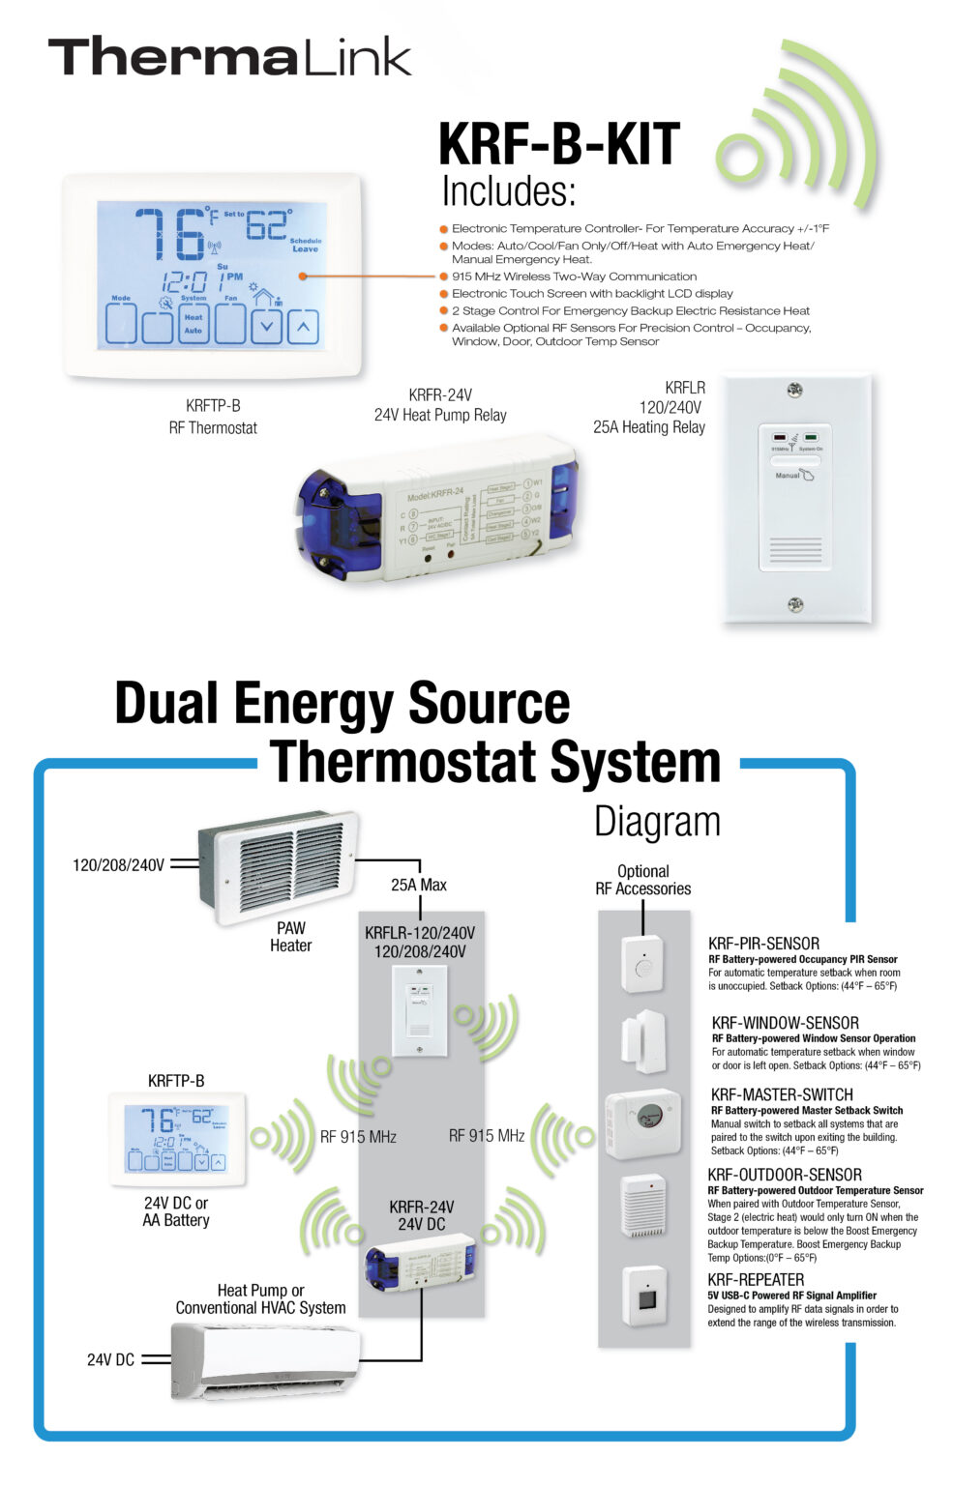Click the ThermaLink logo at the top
tap(229, 57)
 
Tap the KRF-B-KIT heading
tap(558, 145)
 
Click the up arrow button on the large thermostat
tap(303, 327)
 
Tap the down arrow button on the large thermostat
tap(266, 327)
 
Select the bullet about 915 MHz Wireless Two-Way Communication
tap(573, 277)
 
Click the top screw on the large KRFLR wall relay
tap(794, 391)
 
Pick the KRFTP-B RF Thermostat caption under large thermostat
tap(213, 417)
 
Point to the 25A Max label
tap(419, 885)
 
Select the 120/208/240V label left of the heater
tap(118, 865)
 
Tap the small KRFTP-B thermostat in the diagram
tap(176, 1137)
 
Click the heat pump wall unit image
tap(264, 1359)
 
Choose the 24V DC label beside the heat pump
tap(110, 1359)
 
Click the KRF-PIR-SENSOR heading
tap(763, 944)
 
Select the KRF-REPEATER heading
tap(756, 1280)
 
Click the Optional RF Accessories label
tap(642, 880)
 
